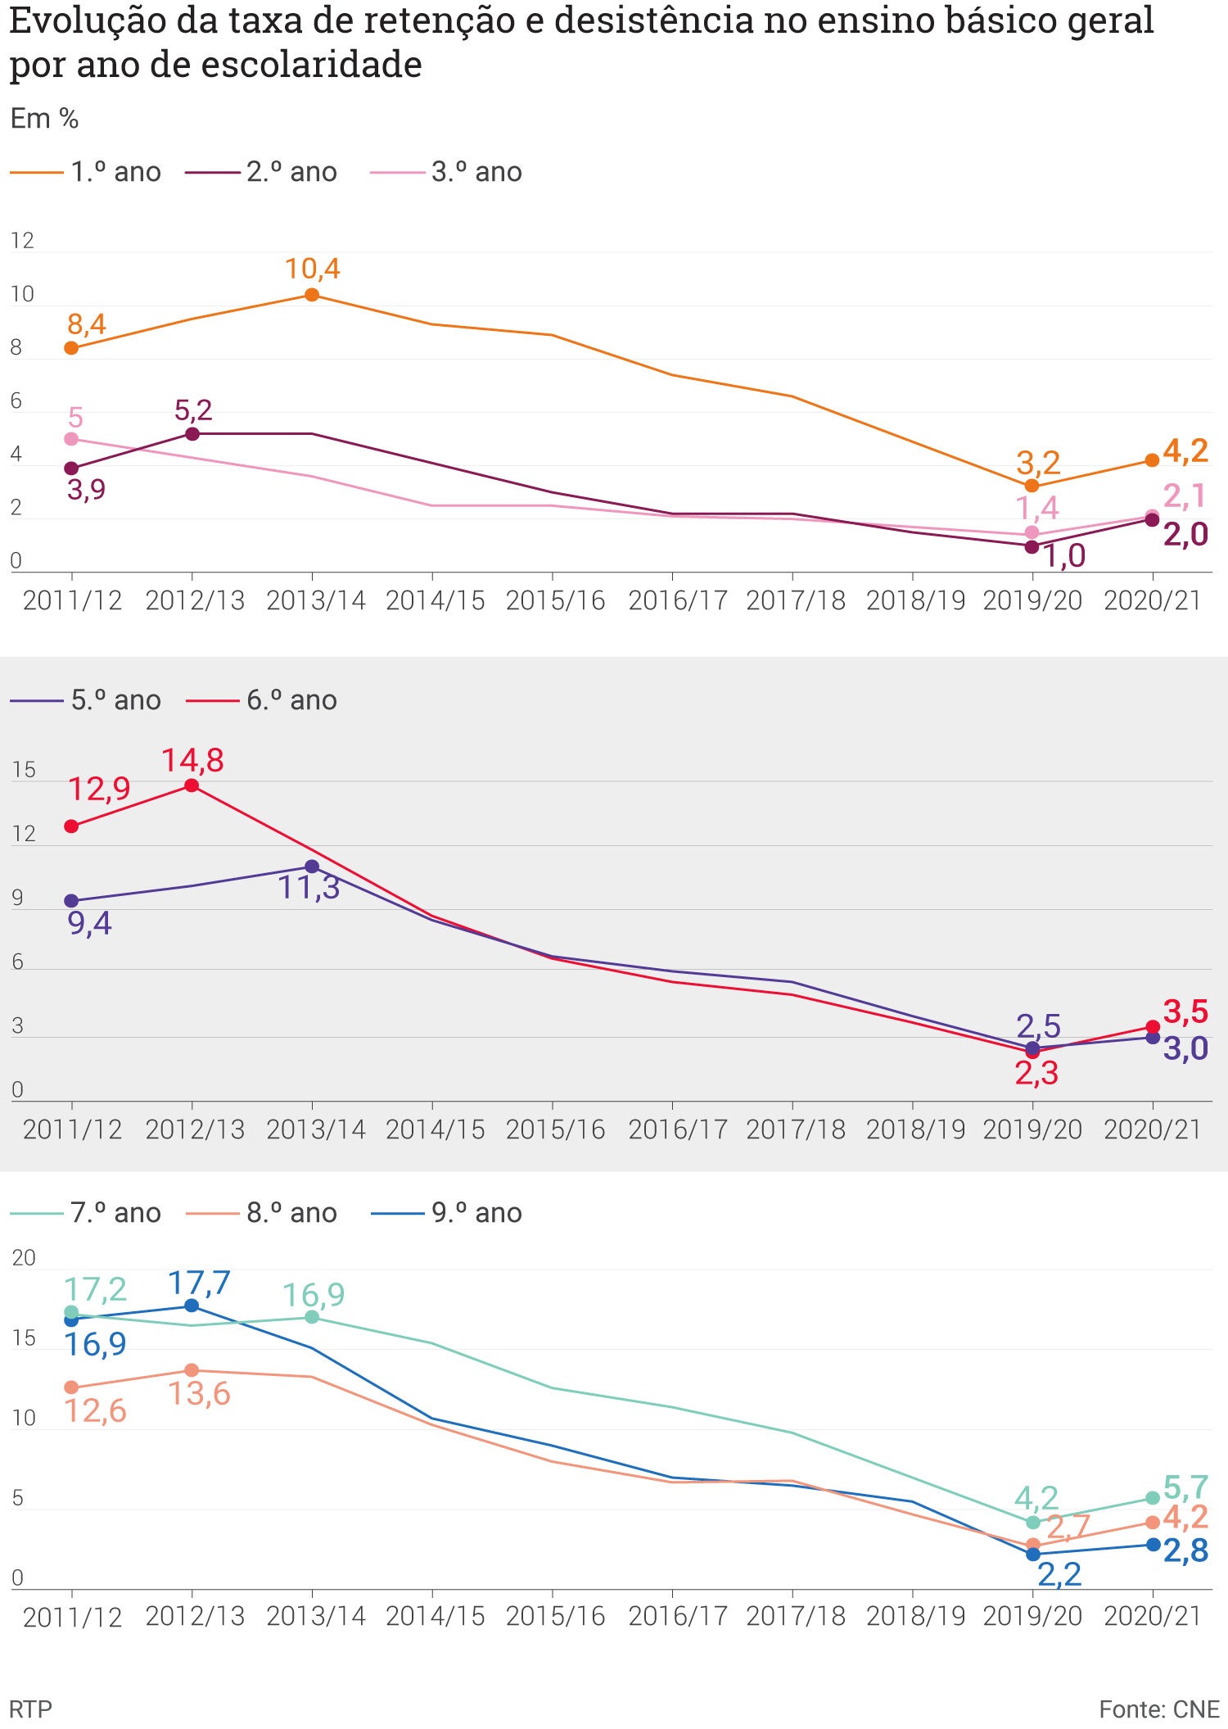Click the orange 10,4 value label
(x=312, y=269)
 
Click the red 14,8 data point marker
(x=192, y=785)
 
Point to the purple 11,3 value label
(x=309, y=888)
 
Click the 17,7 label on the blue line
(x=199, y=1283)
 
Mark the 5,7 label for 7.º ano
(x=1185, y=1487)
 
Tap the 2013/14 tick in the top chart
(x=315, y=600)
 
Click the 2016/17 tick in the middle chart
(x=677, y=1129)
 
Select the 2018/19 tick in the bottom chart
(x=916, y=1616)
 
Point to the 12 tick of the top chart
(x=22, y=241)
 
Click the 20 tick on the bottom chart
(x=24, y=1258)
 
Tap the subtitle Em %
(x=44, y=119)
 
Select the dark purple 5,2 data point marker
(x=192, y=433)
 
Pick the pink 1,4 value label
(x=1036, y=509)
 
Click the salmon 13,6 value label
(x=199, y=1394)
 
